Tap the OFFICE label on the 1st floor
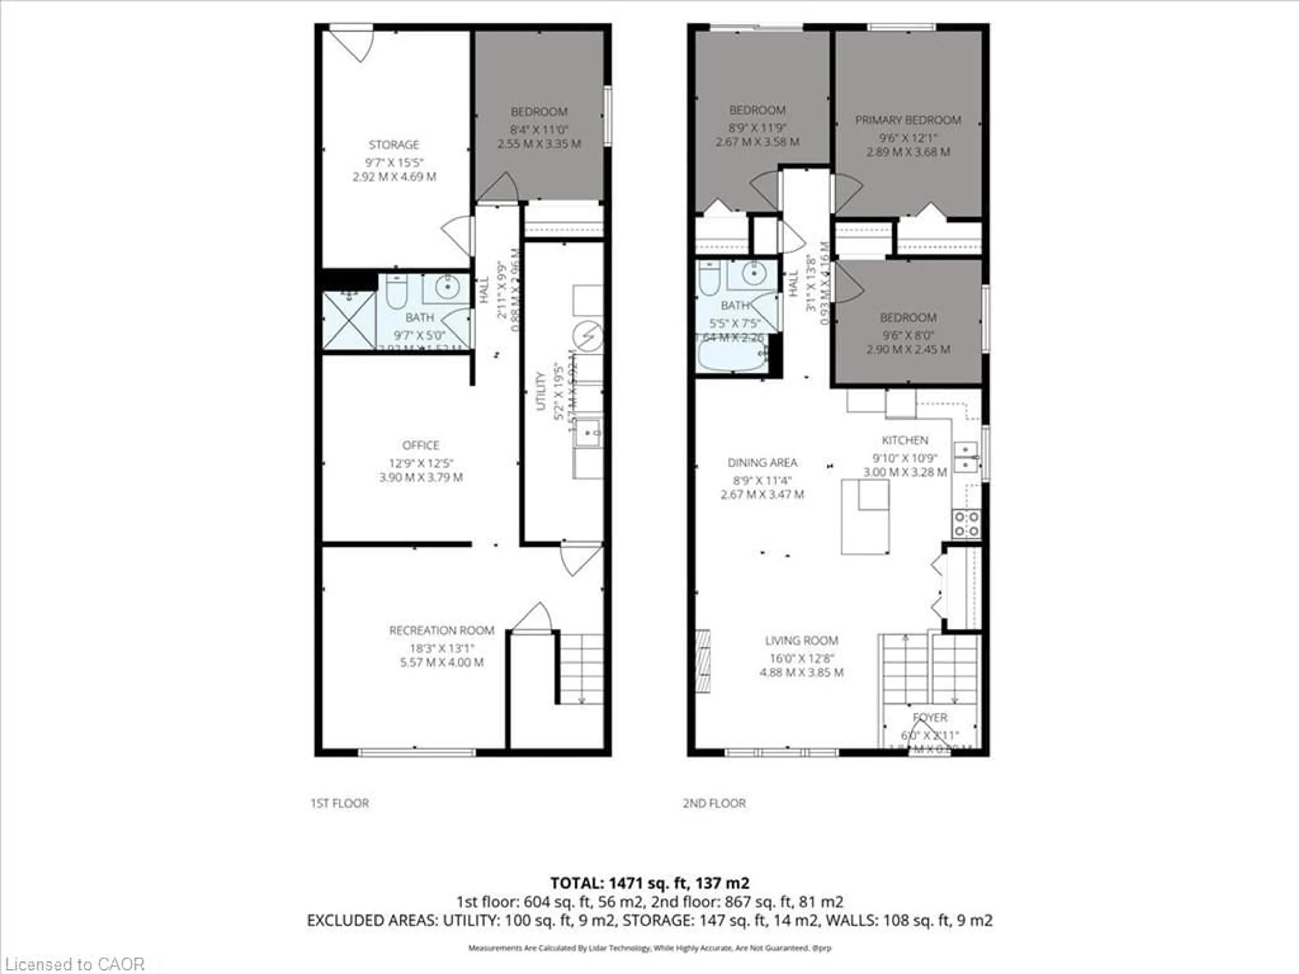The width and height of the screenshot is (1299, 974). pyautogui.click(x=420, y=445)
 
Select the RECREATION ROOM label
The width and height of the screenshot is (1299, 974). pyautogui.click(x=441, y=630)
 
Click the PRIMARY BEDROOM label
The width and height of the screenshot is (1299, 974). pyautogui.click(x=908, y=120)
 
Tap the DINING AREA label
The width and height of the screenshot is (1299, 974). pyautogui.click(x=762, y=463)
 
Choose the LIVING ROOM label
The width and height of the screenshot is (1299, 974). pyautogui.click(x=801, y=641)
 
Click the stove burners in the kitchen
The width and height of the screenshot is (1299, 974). pyautogui.click(x=966, y=524)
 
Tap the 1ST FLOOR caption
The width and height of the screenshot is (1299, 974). pyautogui.click(x=339, y=803)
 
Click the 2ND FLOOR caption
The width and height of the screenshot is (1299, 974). pyautogui.click(x=714, y=803)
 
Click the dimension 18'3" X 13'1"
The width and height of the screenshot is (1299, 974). pyautogui.click(x=441, y=648)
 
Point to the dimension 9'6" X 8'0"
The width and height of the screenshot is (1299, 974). pyautogui.click(x=908, y=335)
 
